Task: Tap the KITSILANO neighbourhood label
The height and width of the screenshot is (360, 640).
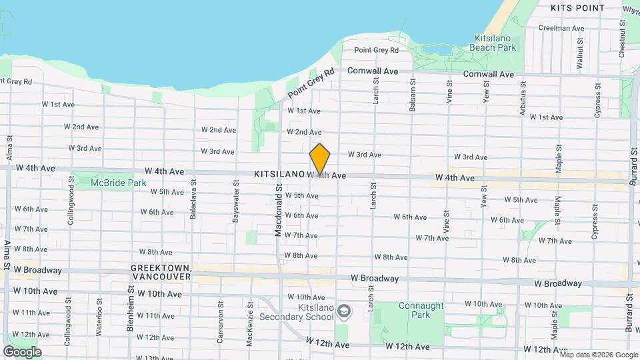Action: pyautogui.click(x=279, y=174)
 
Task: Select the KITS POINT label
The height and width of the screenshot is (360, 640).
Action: pyautogui.click(x=577, y=8)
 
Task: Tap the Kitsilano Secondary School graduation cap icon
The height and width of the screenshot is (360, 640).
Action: pyautogui.click(x=343, y=311)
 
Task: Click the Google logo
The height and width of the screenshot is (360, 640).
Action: pyautogui.click(x=22, y=351)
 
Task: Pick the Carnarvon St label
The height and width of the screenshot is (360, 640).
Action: pyautogui.click(x=220, y=325)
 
